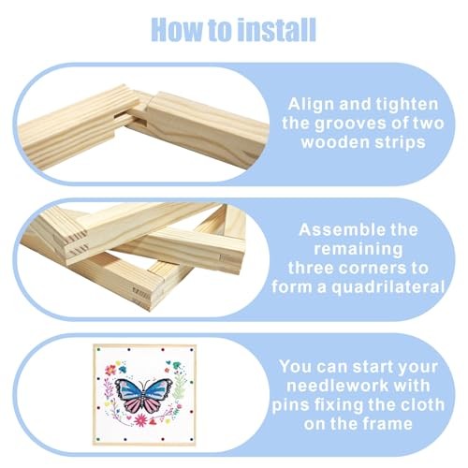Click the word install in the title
[x=276, y=30]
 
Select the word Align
[x=312, y=104]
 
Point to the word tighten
[x=407, y=104]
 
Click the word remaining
[x=358, y=250]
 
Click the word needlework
[x=338, y=386]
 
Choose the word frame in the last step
[x=388, y=424]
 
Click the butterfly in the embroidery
[x=143, y=395]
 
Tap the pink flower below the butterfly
[x=141, y=420]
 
